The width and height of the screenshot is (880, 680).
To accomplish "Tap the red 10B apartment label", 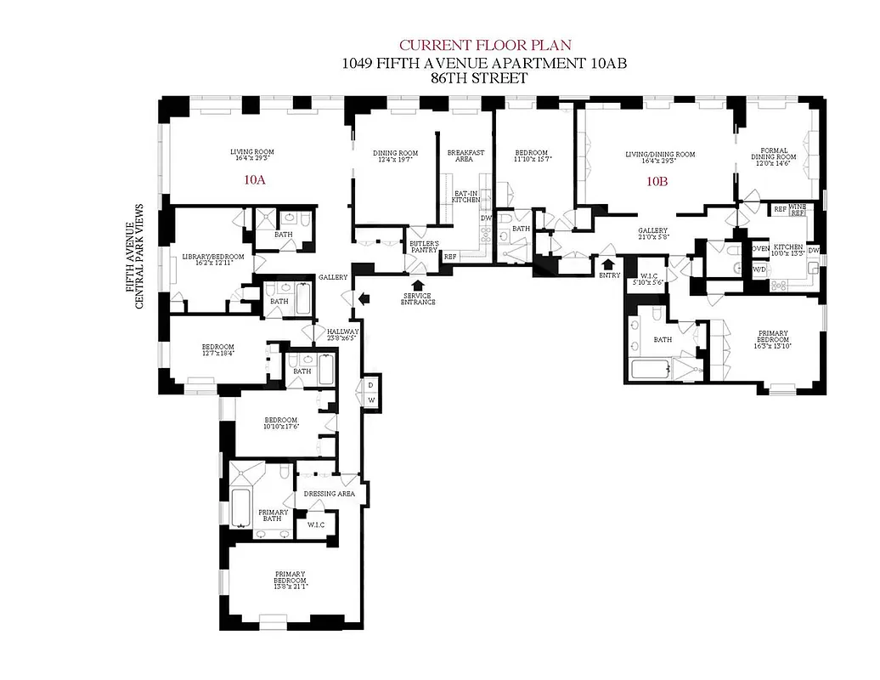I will click(x=657, y=181).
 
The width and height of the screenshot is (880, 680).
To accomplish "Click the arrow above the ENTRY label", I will click(x=608, y=262).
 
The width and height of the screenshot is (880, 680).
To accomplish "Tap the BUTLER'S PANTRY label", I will click(x=424, y=247).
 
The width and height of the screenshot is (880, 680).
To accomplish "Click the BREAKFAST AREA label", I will click(x=465, y=156).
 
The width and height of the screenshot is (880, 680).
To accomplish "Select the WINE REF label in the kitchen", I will click(x=798, y=209).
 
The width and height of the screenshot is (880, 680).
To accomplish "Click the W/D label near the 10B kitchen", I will click(x=758, y=269).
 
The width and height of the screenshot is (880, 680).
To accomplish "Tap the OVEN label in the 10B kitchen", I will click(x=759, y=249).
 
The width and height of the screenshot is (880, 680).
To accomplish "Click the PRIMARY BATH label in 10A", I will click(x=274, y=516).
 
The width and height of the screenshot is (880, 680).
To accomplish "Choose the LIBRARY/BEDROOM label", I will click(x=213, y=260).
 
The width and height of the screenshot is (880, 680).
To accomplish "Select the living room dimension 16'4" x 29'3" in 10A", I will click(x=252, y=158).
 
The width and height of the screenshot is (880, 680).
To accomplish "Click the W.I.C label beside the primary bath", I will click(x=316, y=525).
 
